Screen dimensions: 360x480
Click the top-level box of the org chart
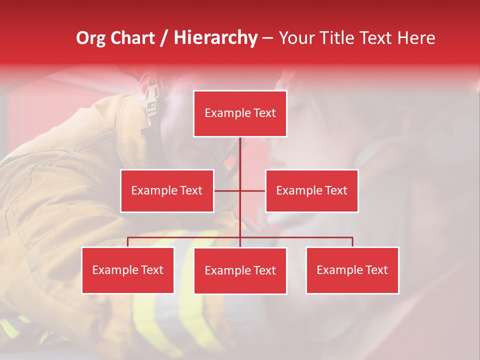pyautogui.click(x=240, y=113)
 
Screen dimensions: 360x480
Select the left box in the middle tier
pyautogui.click(x=167, y=190)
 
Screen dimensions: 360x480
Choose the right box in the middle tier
pyautogui.click(x=311, y=190)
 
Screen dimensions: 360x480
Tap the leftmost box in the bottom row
pyautogui.click(x=128, y=270)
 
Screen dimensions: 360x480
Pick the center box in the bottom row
pyautogui.click(x=240, y=270)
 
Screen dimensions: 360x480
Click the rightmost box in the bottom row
pyautogui.click(x=352, y=270)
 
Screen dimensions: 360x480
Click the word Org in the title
pyautogui.click(x=90, y=38)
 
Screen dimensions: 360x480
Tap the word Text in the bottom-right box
pyautogui.click(x=376, y=270)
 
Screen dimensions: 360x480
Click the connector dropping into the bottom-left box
pyautogui.click(x=128, y=242)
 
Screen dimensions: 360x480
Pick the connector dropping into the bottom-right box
pyautogui.click(x=352, y=242)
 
